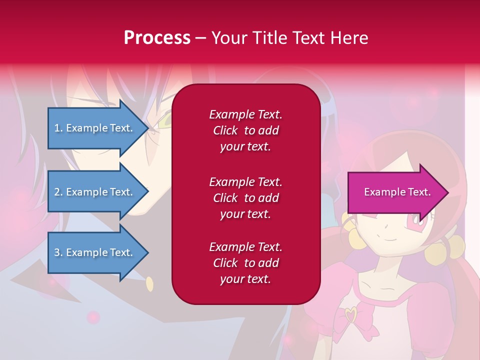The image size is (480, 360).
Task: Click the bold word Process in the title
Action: [x=157, y=38]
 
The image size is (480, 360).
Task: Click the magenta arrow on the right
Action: [x=395, y=192]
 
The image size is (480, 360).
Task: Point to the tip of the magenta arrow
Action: [x=447, y=192]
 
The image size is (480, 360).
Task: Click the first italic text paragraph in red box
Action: [x=245, y=130]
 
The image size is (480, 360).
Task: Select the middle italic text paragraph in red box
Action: [x=245, y=198]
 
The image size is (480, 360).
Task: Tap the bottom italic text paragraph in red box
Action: [x=245, y=263]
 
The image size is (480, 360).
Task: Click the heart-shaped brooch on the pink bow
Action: [x=351, y=315]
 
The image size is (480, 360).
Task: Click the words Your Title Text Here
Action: [x=289, y=38]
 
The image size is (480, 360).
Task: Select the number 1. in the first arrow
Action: [x=58, y=128]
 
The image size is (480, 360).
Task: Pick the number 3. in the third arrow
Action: [x=58, y=252]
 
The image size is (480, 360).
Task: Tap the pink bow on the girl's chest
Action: [x=351, y=317]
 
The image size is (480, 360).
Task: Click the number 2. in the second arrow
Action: [x=58, y=192]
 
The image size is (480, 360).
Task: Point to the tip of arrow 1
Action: [x=148, y=128]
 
